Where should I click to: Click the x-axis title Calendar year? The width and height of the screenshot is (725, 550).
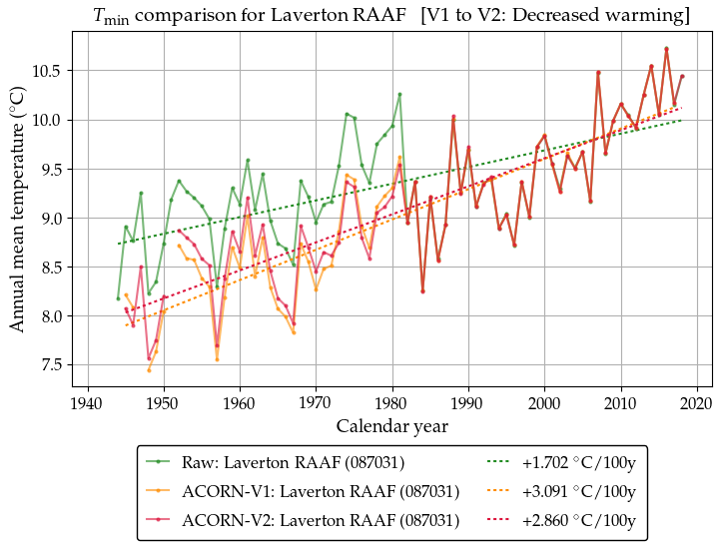click(x=391, y=426)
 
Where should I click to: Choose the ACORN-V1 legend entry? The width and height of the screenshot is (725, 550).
click(x=320, y=491)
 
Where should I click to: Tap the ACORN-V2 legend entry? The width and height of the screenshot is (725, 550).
click(x=320, y=520)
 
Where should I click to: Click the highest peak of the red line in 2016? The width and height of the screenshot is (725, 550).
click(x=666, y=48)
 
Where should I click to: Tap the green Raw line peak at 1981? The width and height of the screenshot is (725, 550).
click(x=399, y=94)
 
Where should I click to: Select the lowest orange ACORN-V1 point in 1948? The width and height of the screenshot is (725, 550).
click(x=149, y=370)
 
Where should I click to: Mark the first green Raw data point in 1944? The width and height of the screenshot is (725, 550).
click(x=118, y=298)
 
